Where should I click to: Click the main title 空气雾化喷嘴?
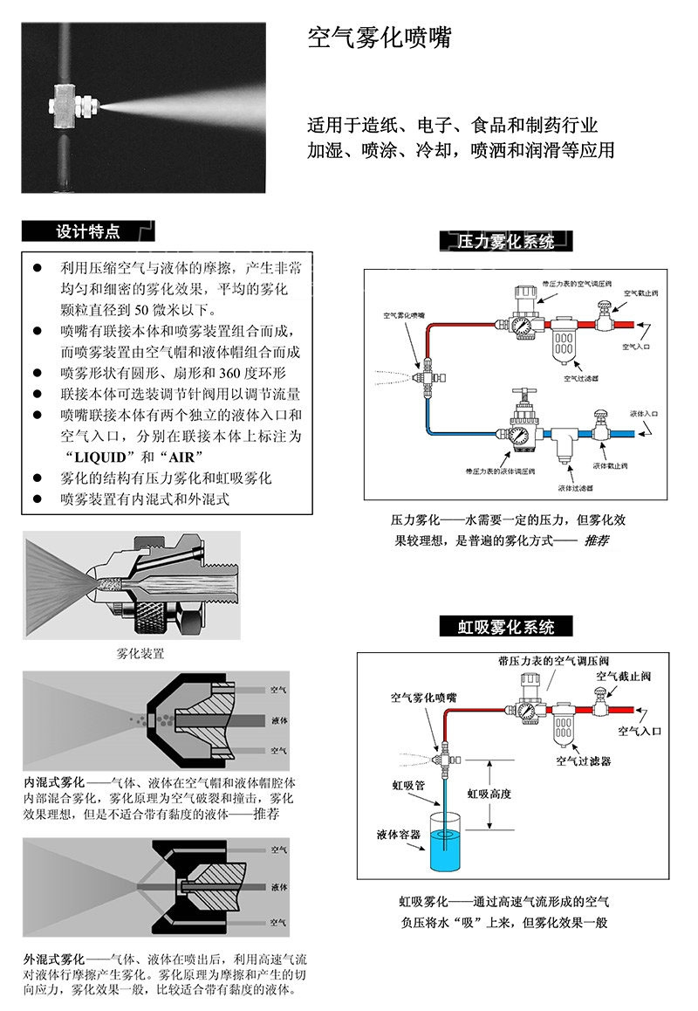380,38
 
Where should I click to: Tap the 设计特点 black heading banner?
87,231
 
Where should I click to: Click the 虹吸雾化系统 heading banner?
506,627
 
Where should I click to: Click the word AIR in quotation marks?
187,457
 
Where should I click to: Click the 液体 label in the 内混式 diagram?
280,721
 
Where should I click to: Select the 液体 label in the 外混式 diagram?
280,887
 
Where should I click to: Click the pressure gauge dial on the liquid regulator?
520,434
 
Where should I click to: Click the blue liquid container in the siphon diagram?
444,841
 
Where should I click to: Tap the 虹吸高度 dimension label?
489,794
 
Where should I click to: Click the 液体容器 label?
399,835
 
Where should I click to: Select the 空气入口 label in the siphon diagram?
640,730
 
